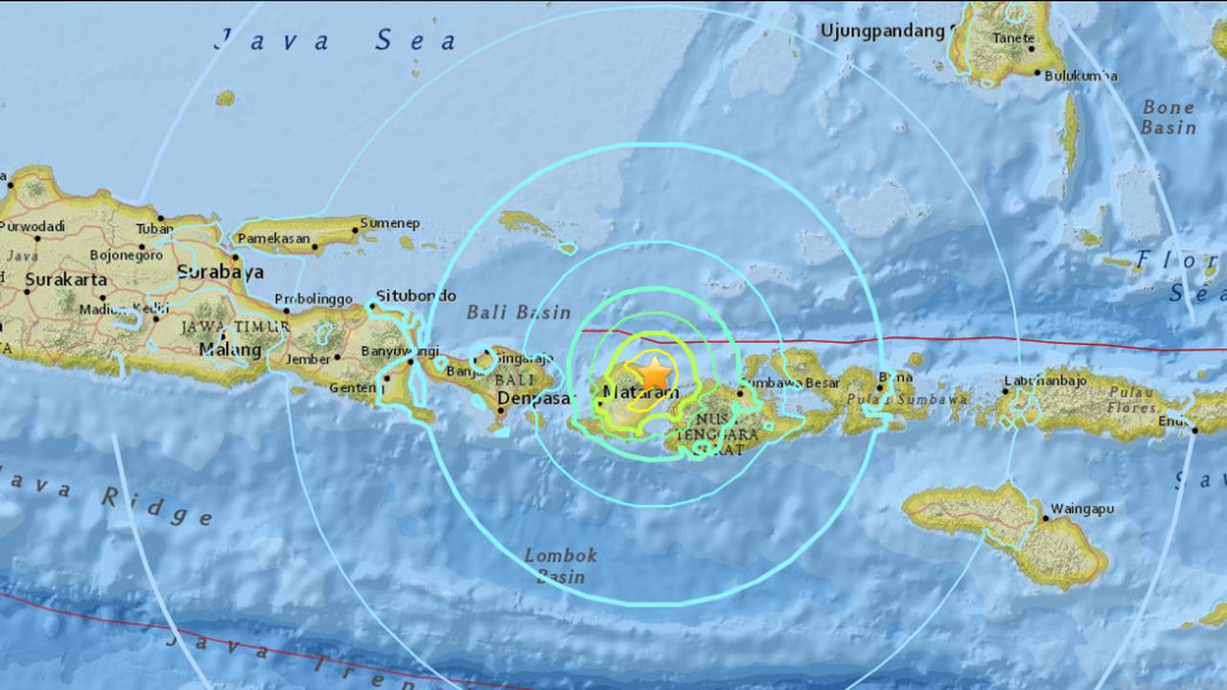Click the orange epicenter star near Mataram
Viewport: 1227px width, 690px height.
(654, 372)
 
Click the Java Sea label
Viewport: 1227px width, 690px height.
(336, 41)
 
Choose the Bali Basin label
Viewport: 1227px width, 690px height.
(519, 312)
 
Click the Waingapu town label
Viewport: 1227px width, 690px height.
(1082, 509)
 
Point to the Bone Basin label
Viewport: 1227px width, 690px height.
(1169, 117)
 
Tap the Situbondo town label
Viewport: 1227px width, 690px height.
(416, 295)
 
